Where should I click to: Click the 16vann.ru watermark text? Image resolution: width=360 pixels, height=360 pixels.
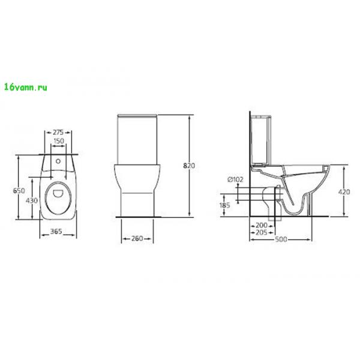(26, 87)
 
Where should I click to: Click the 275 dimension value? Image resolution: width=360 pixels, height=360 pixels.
(58, 133)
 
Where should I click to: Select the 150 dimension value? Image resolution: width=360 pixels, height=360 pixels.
(59, 141)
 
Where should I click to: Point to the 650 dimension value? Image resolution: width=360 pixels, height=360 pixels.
(19, 191)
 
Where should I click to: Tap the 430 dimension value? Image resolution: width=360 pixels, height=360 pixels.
(32, 200)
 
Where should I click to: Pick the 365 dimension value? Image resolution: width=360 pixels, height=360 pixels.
(56, 231)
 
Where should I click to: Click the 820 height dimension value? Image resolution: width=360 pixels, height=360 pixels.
(189, 166)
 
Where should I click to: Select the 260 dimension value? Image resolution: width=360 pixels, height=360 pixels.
(137, 239)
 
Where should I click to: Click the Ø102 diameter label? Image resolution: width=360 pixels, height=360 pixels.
(235, 179)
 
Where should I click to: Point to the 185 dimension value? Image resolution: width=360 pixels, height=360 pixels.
(224, 205)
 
